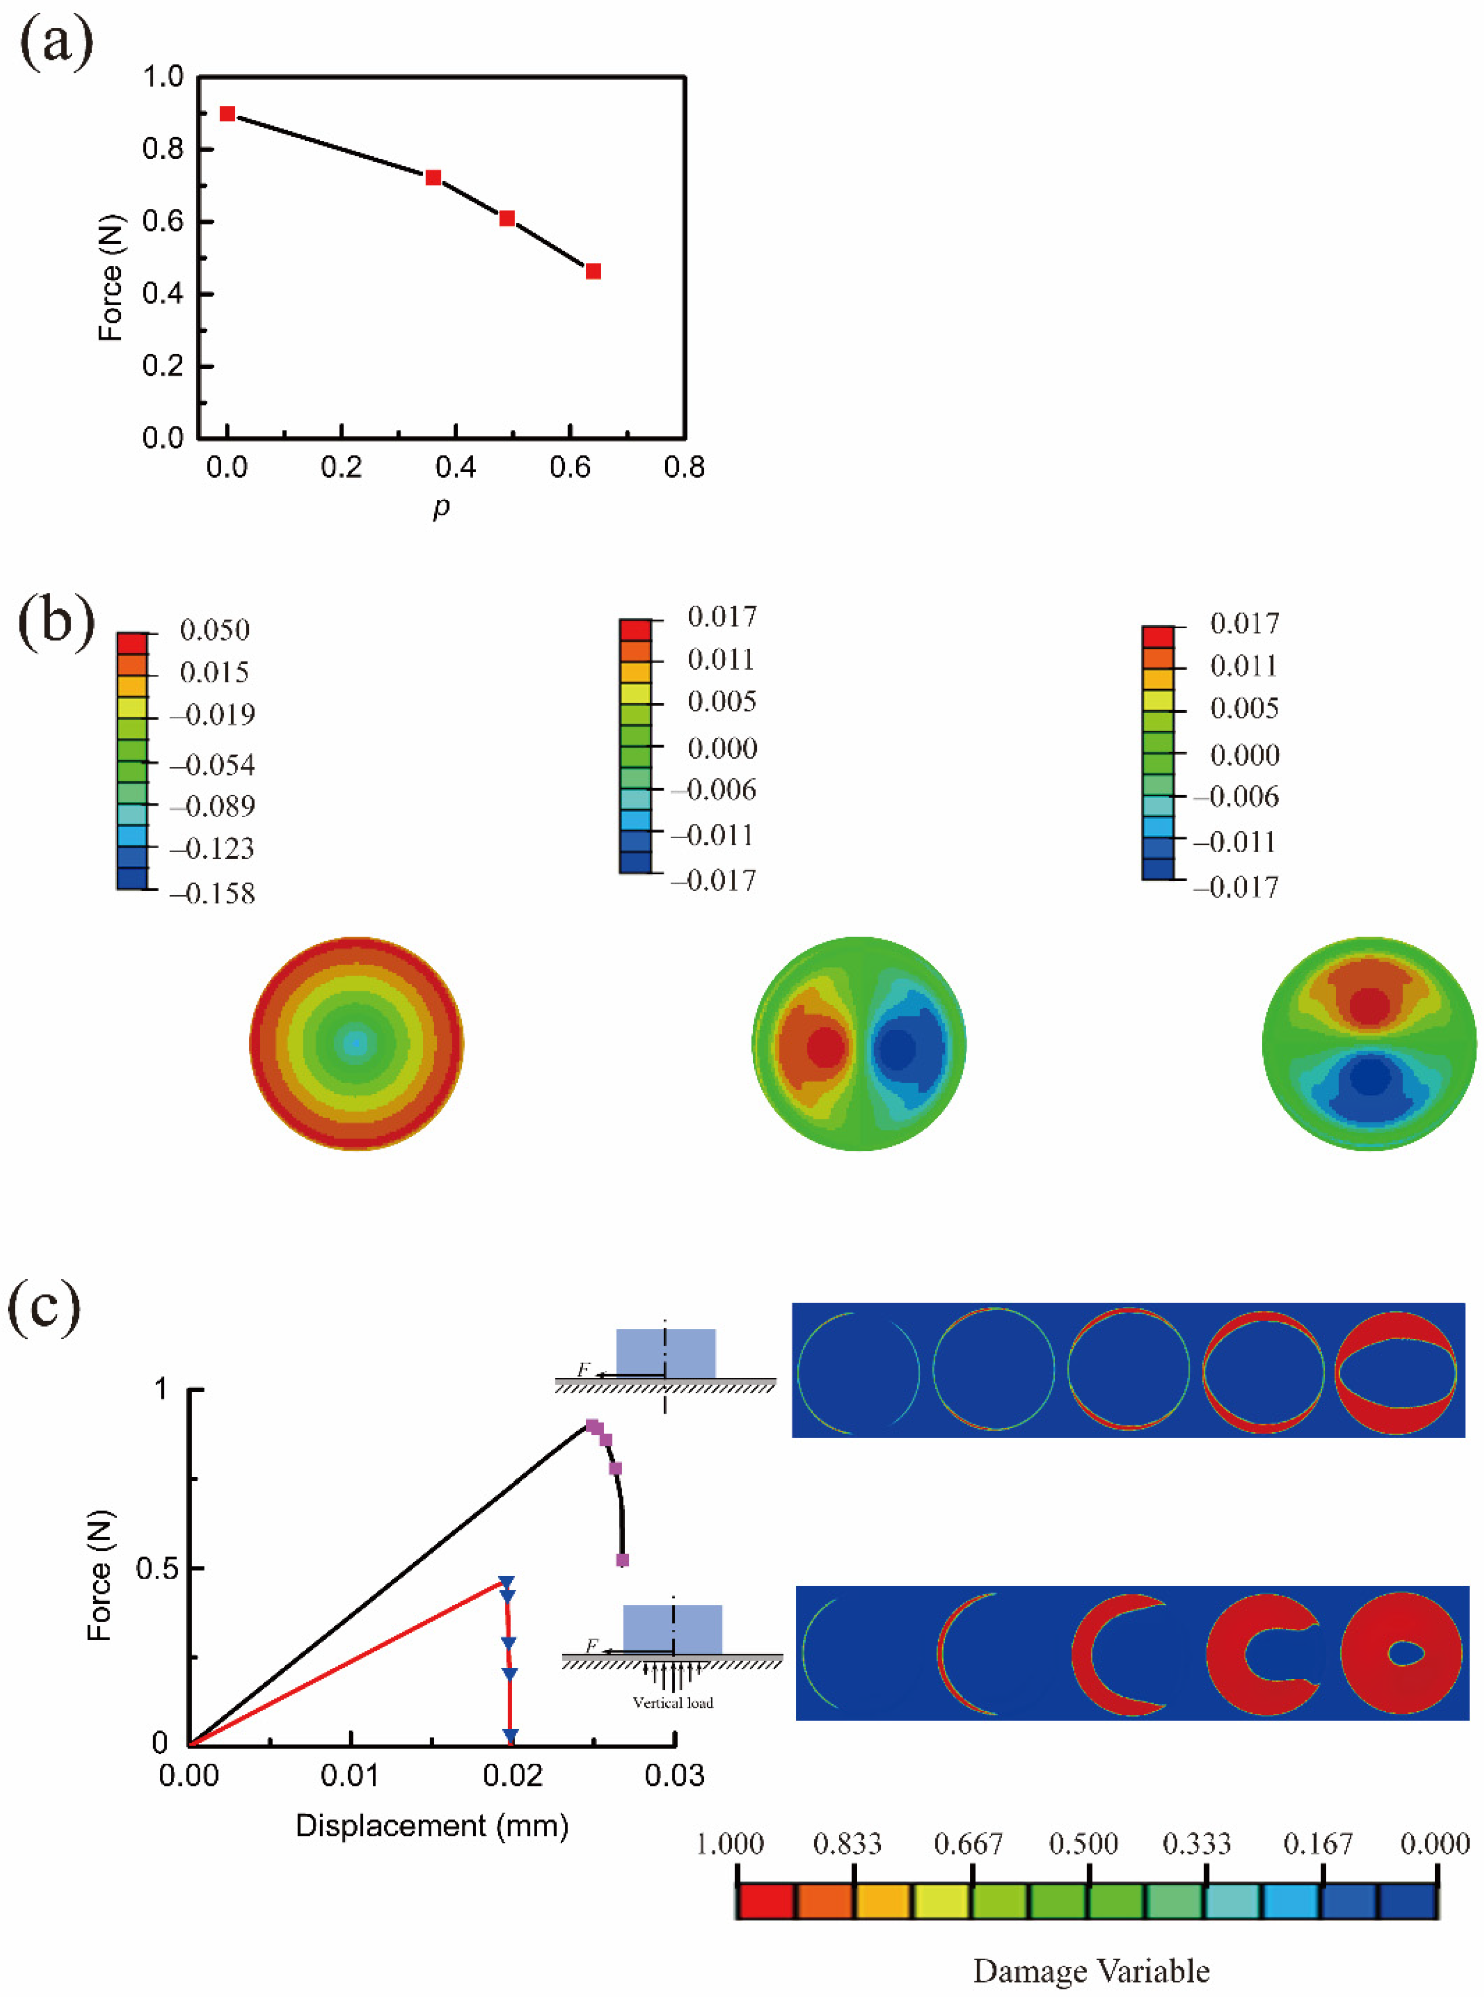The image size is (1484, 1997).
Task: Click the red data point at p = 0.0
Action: point(227,114)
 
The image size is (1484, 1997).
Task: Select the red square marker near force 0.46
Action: point(593,271)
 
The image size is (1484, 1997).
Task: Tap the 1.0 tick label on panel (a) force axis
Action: point(163,77)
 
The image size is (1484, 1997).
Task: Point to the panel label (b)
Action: point(56,622)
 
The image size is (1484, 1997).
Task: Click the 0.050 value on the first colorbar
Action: point(215,631)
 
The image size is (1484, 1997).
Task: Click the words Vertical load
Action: point(673,1703)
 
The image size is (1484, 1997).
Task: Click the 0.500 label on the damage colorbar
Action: point(1084,1844)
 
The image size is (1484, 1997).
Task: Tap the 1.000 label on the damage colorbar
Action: point(730,1844)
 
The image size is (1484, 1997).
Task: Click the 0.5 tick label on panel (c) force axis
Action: point(156,1569)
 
